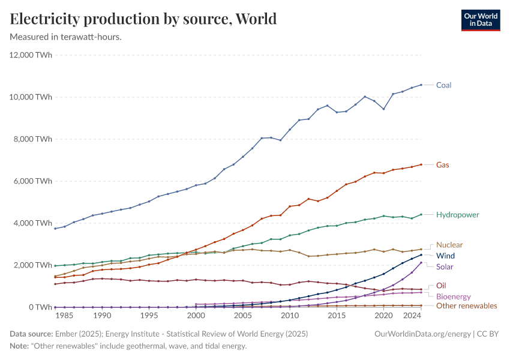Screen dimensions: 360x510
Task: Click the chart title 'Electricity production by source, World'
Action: point(143,19)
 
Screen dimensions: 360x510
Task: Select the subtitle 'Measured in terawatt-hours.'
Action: point(66,37)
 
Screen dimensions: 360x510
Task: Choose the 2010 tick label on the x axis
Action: point(290,315)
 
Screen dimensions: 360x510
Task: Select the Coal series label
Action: point(443,85)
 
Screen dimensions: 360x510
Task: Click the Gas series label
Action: point(442,164)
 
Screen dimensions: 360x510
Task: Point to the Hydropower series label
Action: point(457,214)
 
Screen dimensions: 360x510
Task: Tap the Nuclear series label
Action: point(449,245)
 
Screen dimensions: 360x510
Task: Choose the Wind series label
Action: point(445,256)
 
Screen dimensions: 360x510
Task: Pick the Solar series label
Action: point(445,266)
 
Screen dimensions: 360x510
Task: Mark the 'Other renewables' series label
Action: point(466,306)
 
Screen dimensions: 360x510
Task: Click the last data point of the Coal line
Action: point(421,85)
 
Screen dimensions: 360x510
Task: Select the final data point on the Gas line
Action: point(421,164)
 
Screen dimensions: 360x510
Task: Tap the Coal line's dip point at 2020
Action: point(383,109)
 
